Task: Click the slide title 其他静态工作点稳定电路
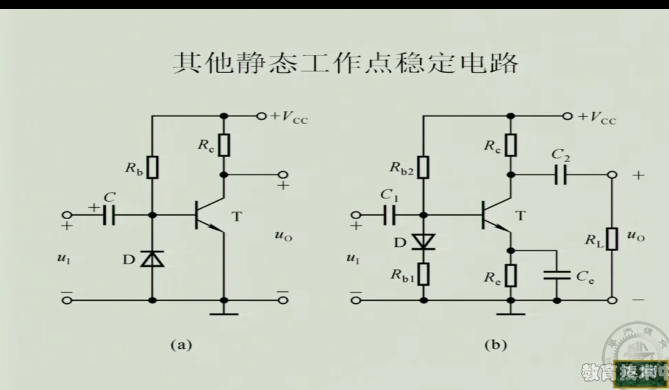[x=346, y=64]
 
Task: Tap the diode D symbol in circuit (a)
[x=152, y=259]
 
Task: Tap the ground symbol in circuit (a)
[x=224, y=312]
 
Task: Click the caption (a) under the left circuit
[x=181, y=344]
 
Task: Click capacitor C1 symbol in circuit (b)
[x=390, y=215]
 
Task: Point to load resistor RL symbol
[x=612, y=239]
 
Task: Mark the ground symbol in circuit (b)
[x=511, y=312]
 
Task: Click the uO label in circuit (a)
[x=284, y=236]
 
